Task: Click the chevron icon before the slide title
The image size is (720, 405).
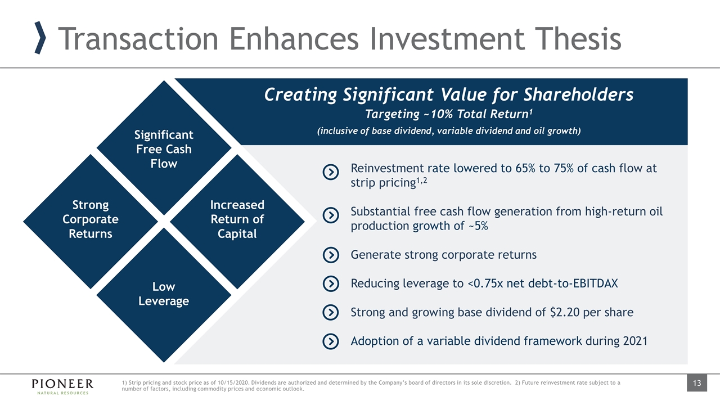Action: click(x=40, y=38)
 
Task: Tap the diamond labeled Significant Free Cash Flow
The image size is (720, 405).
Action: click(x=164, y=148)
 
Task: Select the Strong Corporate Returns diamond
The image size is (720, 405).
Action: click(x=91, y=222)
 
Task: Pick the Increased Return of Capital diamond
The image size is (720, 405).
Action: click(x=237, y=222)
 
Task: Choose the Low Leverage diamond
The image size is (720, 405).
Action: click(x=164, y=295)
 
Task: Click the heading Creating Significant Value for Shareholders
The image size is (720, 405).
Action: click(x=449, y=95)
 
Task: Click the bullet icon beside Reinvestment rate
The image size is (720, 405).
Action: click(x=331, y=172)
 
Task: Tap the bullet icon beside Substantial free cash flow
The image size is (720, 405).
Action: click(x=331, y=215)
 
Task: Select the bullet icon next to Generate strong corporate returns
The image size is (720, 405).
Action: click(x=331, y=255)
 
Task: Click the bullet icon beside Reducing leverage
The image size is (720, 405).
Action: click(x=331, y=284)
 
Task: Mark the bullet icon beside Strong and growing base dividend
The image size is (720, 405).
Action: click(x=331, y=312)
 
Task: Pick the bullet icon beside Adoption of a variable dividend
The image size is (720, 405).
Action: click(x=331, y=341)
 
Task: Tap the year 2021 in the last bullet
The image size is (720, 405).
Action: click(x=635, y=341)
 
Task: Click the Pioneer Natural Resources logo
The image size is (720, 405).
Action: click(x=62, y=386)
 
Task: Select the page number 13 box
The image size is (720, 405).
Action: click(x=697, y=383)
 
